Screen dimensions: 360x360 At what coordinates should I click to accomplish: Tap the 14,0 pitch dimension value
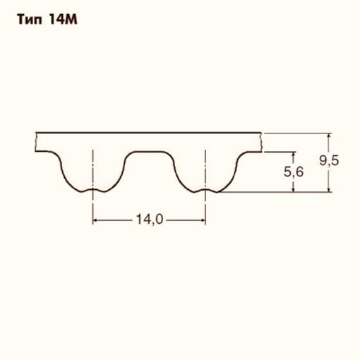pyautogui.click(x=149, y=220)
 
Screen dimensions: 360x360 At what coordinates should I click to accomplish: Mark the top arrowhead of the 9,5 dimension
pyautogui.click(x=328, y=136)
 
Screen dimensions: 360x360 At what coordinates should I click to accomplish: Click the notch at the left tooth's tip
pyautogui.click(x=92, y=189)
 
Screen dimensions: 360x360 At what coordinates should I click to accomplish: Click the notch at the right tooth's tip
pyautogui.click(x=205, y=189)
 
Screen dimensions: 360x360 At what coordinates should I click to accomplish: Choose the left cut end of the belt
pyautogui.click(x=35, y=141)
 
